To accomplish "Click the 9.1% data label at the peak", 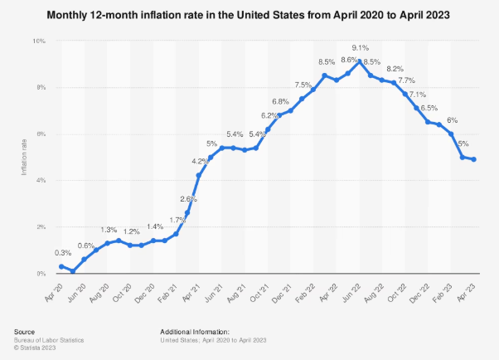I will [361, 46].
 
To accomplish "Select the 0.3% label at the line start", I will [62, 252].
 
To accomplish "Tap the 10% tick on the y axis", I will [39, 41].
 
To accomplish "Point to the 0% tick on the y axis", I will [41, 273].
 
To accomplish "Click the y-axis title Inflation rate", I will [25, 157].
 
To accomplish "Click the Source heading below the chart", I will [25, 331].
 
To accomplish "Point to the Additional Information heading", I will [195, 331].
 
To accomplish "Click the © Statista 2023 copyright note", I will [37, 346].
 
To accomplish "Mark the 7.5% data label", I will [303, 85].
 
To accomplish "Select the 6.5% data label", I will [429, 108].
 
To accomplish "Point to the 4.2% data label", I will [200, 161].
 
